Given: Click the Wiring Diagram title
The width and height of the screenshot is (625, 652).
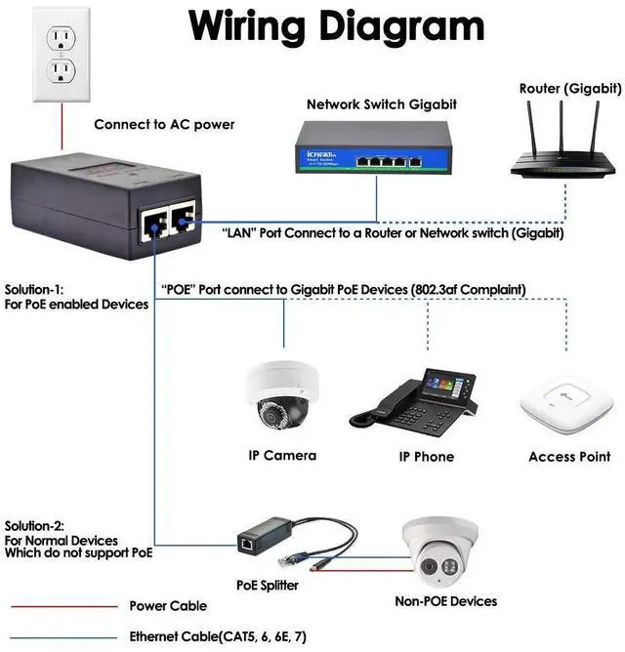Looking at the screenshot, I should (x=336, y=26).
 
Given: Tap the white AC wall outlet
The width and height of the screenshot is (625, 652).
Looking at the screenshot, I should (x=62, y=54).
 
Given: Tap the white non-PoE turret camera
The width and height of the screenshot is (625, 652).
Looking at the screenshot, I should (x=436, y=551).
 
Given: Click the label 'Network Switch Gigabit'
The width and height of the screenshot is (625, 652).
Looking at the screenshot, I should (x=381, y=104).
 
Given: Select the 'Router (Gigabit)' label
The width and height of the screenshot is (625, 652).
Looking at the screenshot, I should (x=570, y=89).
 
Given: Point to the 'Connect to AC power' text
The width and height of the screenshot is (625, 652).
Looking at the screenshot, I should (x=164, y=125).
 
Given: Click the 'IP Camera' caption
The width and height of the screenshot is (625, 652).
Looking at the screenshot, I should (x=282, y=455).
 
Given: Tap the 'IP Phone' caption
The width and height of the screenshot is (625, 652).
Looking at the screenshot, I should (x=426, y=456).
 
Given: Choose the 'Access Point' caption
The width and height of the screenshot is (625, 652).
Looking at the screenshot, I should (x=569, y=456).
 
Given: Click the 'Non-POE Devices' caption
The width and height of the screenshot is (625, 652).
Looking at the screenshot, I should (x=445, y=601).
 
